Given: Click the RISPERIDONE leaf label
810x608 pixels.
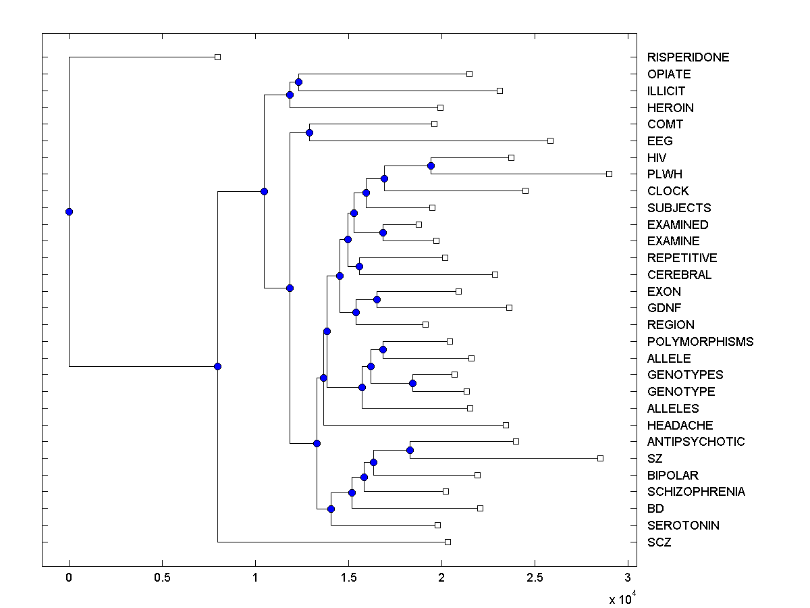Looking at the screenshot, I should pos(688,57).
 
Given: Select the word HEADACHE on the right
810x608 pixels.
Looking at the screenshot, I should pos(680,425).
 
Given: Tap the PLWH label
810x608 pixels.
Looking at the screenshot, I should pos(665,174).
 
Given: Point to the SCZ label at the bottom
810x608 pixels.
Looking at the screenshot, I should pos(659,542).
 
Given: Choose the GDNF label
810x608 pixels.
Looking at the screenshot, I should pos(664,308).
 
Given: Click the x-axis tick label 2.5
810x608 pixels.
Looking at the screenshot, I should pos(535,578).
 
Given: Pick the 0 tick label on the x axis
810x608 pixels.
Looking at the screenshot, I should pos(69,578).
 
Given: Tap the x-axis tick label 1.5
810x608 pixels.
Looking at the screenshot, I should pos(348,578).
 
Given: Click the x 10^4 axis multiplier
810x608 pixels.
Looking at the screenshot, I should pos(622,599).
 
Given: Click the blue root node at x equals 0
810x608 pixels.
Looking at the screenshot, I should pos(69,211).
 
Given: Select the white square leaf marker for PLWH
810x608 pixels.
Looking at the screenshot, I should pos(609,174).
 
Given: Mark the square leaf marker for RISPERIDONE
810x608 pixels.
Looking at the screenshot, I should pos(217,57).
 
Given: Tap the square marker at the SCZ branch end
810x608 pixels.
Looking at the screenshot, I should pos(448,542).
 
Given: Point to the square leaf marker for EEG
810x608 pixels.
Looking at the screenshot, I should pos(550,141).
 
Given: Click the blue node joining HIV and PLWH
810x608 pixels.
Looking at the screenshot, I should pos(431,166).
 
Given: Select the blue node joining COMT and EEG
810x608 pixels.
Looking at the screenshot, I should pos(309,132).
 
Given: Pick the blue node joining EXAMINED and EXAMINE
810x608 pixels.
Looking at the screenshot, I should pos(383,232).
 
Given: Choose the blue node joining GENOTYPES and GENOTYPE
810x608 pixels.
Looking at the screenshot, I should pos(412,383).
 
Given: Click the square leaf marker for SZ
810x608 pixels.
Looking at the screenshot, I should pos(600,458).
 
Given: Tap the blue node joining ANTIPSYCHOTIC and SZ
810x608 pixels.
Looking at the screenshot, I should pos(410,450).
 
